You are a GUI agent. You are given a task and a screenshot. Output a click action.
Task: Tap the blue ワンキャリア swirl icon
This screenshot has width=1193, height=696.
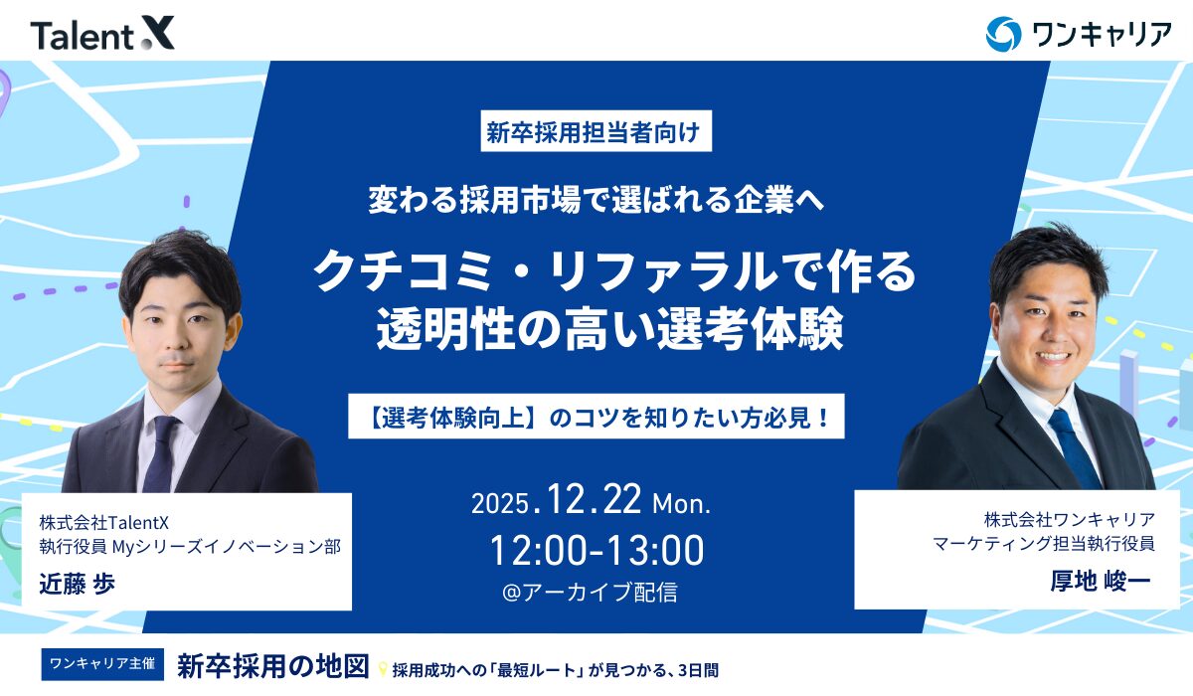1003,33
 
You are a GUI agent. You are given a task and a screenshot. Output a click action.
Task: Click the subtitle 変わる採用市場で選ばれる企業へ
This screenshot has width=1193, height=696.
596,201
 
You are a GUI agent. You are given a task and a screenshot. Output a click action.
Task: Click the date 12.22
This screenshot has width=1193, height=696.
592,499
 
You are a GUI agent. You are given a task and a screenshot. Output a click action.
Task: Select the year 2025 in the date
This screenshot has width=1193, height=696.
502,503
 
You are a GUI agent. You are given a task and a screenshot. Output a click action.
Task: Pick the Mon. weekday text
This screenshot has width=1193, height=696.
681,503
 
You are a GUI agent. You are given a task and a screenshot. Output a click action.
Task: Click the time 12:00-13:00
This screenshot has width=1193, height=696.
596,550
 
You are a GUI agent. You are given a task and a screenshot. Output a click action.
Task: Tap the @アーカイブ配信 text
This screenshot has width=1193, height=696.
591,593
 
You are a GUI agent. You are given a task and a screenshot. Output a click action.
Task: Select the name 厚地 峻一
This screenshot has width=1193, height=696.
1100,581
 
